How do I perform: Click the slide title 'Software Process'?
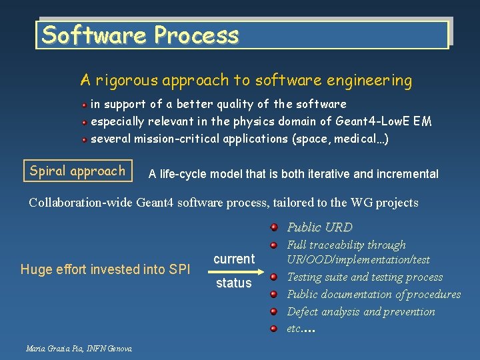pos(140,35)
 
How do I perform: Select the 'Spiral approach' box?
pos(77,171)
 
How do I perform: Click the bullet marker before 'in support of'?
pos(85,105)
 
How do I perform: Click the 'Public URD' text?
pos(319,227)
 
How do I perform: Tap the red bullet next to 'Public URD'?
pos(274,227)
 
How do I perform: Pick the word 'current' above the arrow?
pos(234,259)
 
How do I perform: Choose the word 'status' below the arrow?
pos(233,283)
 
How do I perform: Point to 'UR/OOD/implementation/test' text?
pos(358,259)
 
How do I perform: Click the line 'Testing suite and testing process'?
pos(365,277)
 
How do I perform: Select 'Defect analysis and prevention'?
pos(361,311)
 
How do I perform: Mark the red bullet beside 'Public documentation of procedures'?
pos(274,294)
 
